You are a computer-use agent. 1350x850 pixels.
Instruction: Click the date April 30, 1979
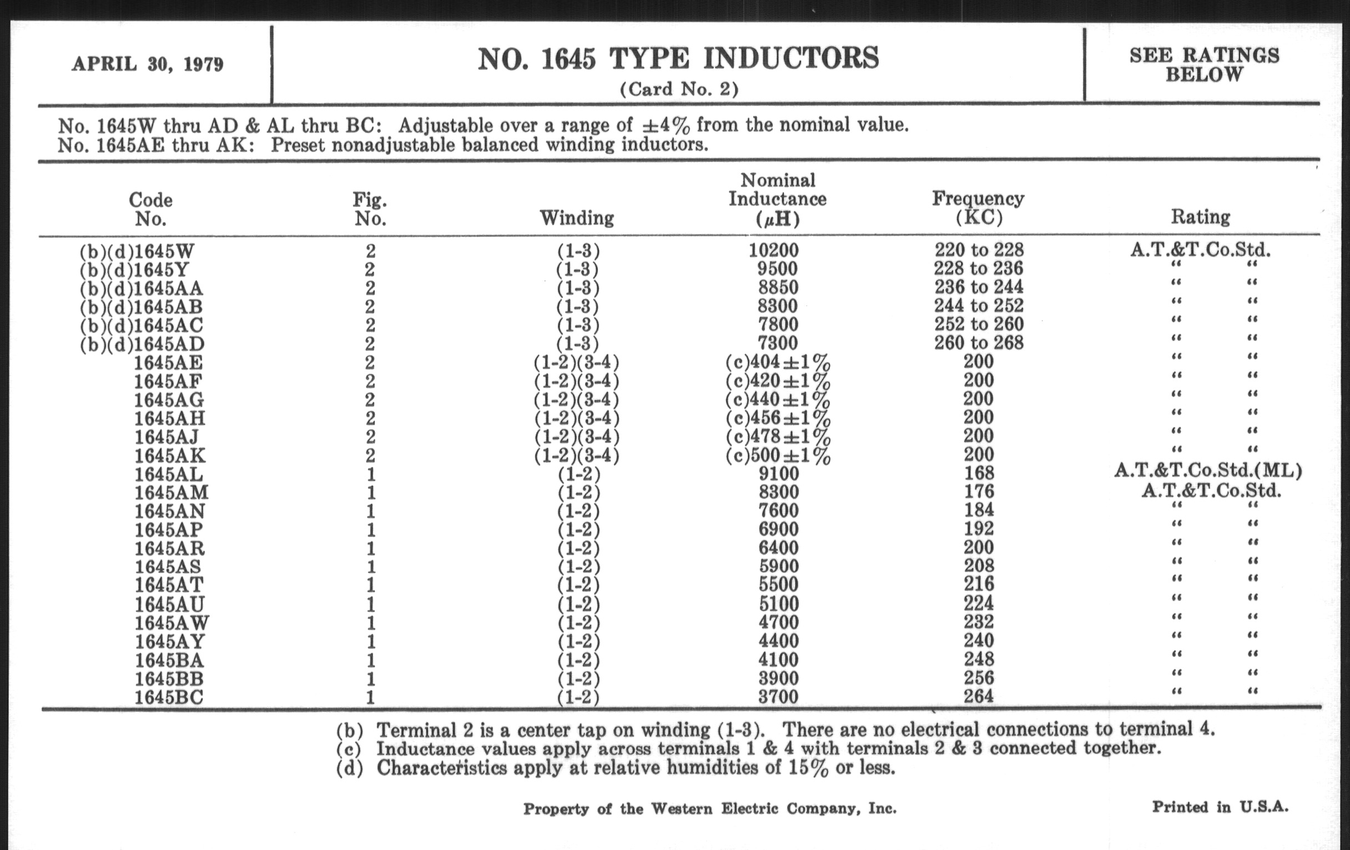pyautogui.click(x=148, y=64)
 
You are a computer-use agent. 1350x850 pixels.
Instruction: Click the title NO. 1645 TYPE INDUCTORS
pyautogui.click(x=678, y=59)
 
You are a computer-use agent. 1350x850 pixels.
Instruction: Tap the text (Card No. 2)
pyautogui.click(x=679, y=89)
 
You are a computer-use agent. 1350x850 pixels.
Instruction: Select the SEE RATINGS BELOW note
pyautogui.click(x=1204, y=64)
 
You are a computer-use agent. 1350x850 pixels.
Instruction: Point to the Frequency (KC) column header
pyautogui.click(x=978, y=208)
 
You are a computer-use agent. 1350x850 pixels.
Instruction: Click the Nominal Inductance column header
pyautogui.click(x=777, y=199)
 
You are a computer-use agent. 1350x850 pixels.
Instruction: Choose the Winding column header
pyautogui.click(x=576, y=218)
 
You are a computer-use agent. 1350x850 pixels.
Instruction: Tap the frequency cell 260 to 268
pyautogui.click(x=978, y=343)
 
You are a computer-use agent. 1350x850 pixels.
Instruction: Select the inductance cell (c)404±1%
pyautogui.click(x=778, y=362)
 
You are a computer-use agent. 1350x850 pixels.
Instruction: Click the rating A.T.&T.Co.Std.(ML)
pyautogui.click(x=1208, y=470)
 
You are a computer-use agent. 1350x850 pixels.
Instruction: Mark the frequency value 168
pyautogui.click(x=979, y=473)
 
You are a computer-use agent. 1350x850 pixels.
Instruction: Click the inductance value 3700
pyautogui.click(x=778, y=697)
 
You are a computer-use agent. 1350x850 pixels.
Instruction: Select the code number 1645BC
pyautogui.click(x=169, y=697)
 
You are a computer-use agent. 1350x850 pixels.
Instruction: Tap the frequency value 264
pyautogui.click(x=979, y=696)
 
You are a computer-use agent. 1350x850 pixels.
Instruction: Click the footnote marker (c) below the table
pyautogui.click(x=350, y=749)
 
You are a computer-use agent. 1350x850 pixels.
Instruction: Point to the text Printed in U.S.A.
pyautogui.click(x=1220, y=807)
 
